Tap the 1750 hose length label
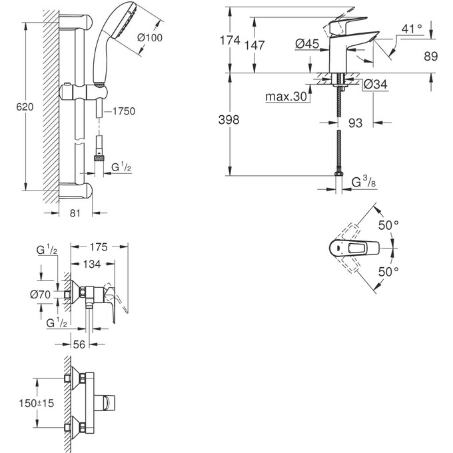123,111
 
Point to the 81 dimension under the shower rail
75,213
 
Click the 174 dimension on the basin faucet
230,41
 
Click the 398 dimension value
229,119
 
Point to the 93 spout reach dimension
356,122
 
